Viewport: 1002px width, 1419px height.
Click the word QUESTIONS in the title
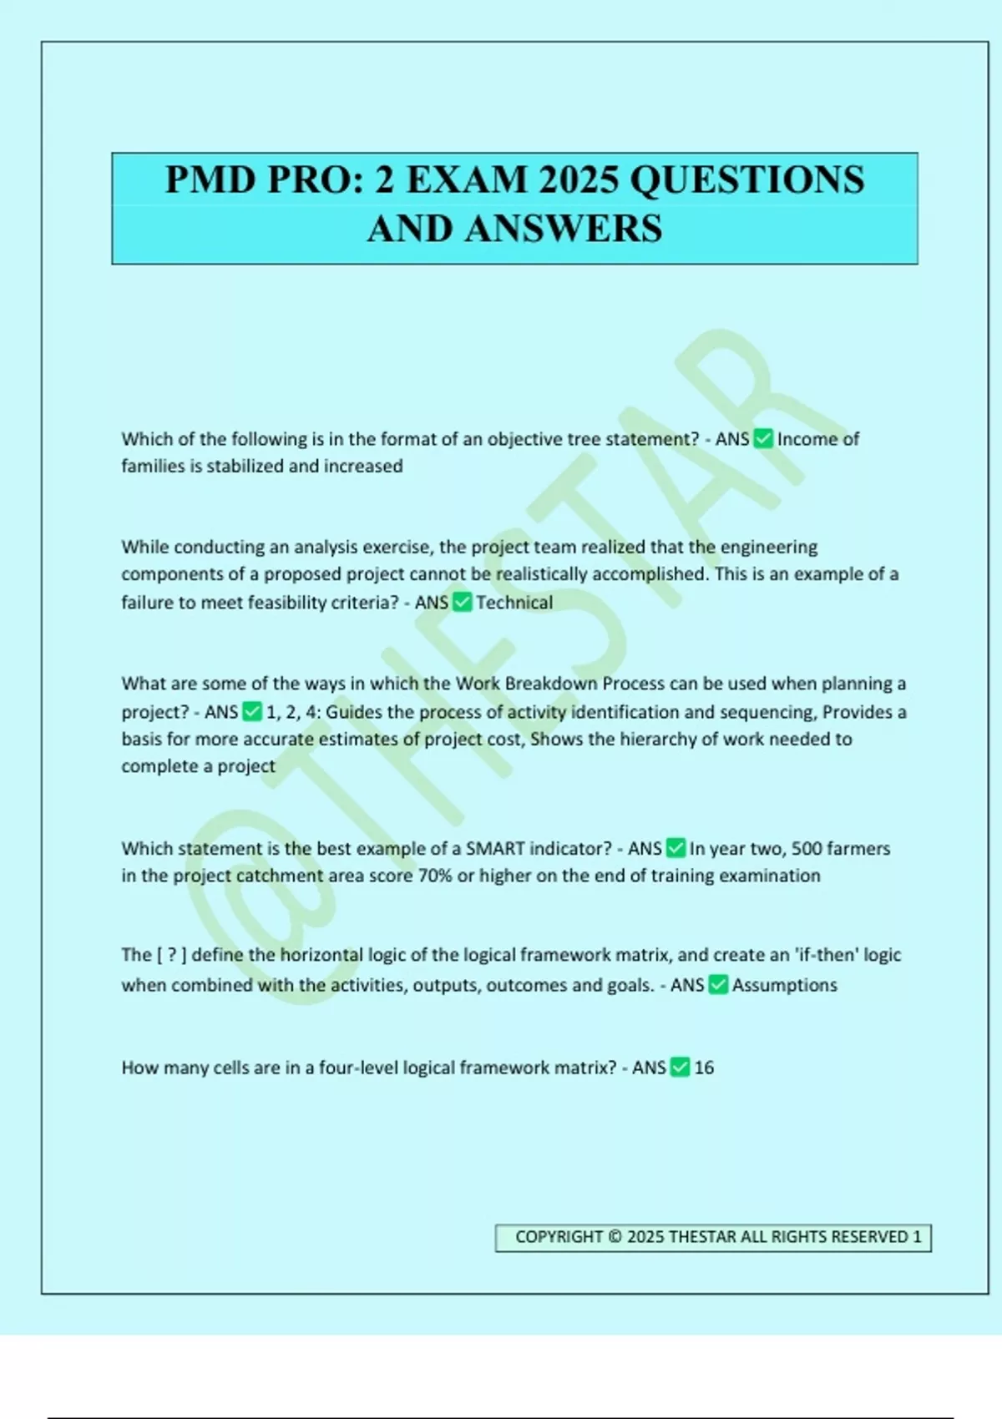tap(747, 180)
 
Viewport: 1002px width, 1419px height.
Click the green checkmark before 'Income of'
tap(763, 439)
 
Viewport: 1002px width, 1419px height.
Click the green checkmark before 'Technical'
tap(462, 603)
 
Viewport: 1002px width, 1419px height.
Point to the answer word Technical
tap(514, 603)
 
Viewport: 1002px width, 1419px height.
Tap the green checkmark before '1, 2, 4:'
tap(251, 712)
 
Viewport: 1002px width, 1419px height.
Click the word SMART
tap(495, 849)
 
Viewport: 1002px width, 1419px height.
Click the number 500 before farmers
tap(807, 849)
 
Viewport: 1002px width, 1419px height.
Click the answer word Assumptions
tap(785, 985)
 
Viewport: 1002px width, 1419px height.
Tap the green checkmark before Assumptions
tap(718, 985)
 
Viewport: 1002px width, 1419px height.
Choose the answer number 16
tap(704, 1068)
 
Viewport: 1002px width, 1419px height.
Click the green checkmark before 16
tap(680, 1068)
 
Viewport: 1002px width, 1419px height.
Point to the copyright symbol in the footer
tap(615, 1237)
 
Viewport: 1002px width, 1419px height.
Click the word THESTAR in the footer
tap(703, 1237)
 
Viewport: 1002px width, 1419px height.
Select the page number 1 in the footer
tap(917, 1237)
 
